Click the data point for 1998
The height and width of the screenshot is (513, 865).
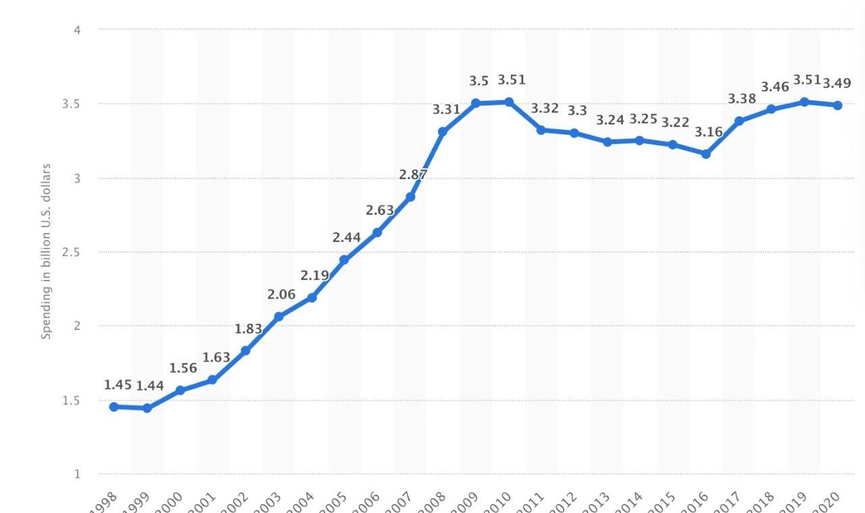click(114, 407)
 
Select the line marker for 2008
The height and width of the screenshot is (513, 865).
click(443, 132)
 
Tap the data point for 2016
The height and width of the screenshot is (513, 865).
click(706, 154)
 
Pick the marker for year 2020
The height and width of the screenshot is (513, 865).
click(838, 105)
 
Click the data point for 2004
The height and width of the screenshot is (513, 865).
click(312, 297)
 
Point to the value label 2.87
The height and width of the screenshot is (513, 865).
click(413, 174)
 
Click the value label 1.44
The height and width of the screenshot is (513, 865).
click(150, 386)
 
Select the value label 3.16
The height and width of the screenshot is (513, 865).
click(709, 132)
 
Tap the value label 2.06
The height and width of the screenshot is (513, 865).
click(281, 294)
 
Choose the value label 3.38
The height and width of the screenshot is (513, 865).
click(741, 99)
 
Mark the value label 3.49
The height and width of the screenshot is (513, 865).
click(837, 83)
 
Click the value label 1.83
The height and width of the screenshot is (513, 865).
click(248, 328)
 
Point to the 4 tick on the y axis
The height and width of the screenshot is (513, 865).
click(77, 30)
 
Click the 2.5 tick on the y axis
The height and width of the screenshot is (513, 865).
click(71, 252)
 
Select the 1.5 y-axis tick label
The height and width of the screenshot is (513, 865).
click(71, 400)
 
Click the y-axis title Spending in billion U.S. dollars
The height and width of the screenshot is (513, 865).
click(46, 251)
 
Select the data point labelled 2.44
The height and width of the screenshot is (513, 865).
click(344, 260)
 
